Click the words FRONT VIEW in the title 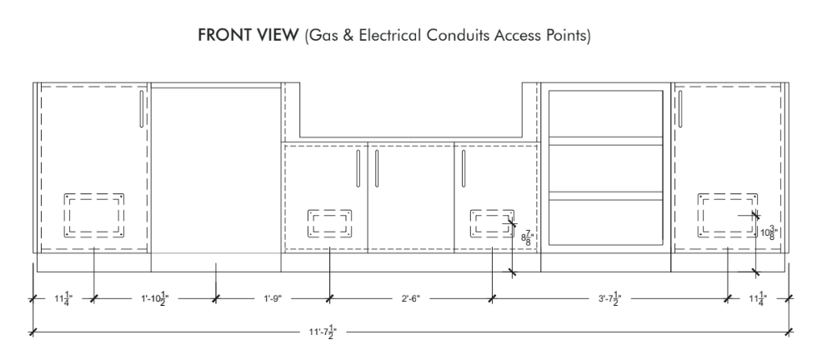248,35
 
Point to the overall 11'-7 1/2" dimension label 323,332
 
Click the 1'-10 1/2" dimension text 155,298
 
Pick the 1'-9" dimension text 273,298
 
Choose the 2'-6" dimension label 411,298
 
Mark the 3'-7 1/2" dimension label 609,298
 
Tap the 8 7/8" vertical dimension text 526,238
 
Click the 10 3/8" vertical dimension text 769,232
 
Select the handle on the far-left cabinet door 142,109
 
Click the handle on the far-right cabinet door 680,109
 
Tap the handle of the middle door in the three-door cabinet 377,168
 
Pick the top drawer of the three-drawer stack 605,113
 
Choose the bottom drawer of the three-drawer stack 605,222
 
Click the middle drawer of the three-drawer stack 605,168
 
